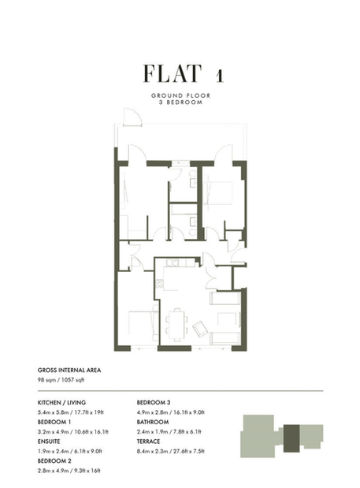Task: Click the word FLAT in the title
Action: [173, 73]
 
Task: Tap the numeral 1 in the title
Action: [220, 76]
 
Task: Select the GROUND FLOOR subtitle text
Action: [180, 95]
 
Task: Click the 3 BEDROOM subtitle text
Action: [180, 102]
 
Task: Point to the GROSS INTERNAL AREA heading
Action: [69, 370]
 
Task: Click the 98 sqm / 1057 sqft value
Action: [61, 380]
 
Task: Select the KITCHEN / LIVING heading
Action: [61, 402]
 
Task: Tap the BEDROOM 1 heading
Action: [54, 422]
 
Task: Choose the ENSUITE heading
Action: [49, 441]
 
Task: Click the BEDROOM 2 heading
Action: [54, 460]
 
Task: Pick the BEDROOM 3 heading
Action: [154, 402]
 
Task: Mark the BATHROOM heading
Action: [153, 422]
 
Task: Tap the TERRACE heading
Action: [148, 441]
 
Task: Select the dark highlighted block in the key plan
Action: [291, 438]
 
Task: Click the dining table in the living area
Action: [177, 325]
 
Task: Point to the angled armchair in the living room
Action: [200, 329]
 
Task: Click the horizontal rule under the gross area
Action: [180, 390]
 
